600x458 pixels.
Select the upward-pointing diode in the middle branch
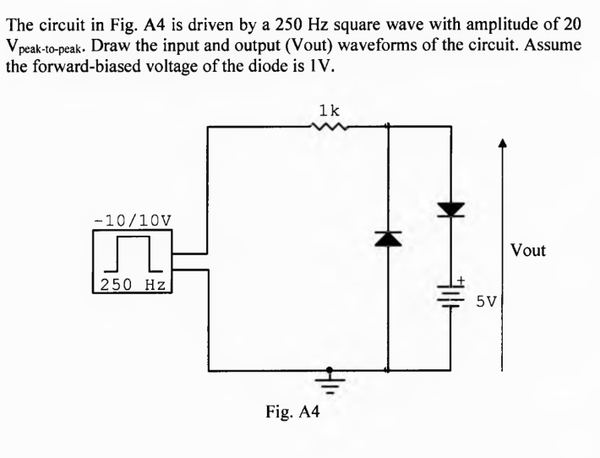(388, 241)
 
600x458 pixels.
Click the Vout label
(529, 250)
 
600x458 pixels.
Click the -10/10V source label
(133, 219)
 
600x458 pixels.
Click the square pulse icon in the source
(133, 251)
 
